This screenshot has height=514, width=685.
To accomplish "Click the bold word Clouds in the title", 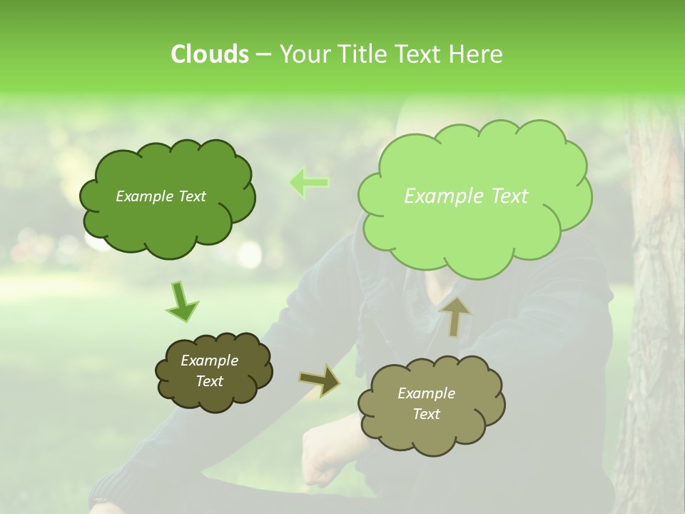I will click(209, 54).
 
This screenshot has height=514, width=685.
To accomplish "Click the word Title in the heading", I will click(362, 54).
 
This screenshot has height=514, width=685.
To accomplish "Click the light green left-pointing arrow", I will click(308, 182).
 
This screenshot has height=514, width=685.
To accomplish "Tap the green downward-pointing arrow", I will click(182, 301).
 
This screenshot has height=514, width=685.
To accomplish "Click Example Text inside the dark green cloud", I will click(161, 196).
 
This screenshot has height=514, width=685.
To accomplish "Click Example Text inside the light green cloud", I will click(466, 196).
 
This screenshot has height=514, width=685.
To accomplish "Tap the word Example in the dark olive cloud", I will click(209, 361).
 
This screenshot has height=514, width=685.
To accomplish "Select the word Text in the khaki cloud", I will click(426, 414).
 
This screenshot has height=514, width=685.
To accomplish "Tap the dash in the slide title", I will click(263, 54).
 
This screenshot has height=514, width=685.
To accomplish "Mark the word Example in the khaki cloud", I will click(426, 393).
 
